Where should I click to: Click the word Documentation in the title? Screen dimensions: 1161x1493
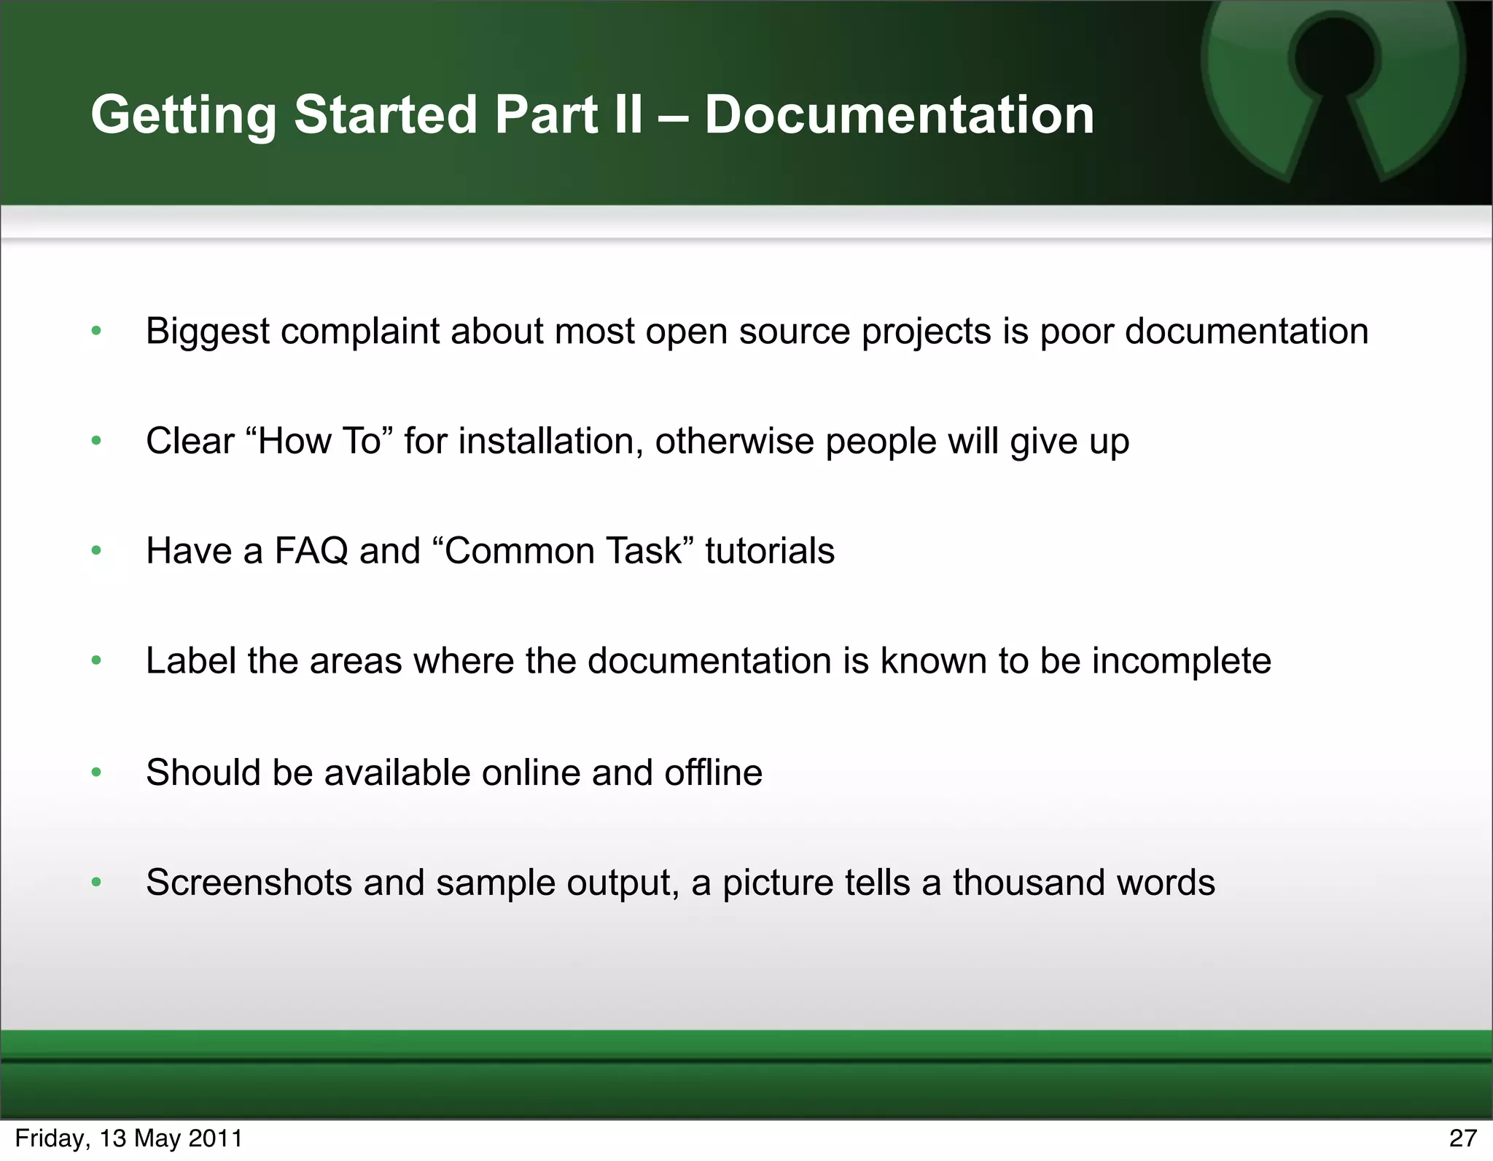pos(899,115)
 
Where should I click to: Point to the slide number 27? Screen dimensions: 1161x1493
pos(1462,1138)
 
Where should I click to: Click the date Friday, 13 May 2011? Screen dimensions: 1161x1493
pos(129,1138)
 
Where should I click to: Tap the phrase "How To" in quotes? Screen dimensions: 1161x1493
pos(320,441)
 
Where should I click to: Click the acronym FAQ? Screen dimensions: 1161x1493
pos(311,551)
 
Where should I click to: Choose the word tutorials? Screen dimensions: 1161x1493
pos(770,551)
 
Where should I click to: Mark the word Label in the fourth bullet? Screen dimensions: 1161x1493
pos(191,661)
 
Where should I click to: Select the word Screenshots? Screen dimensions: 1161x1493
pos(249,883)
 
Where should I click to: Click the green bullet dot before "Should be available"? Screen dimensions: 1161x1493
pos(96,773)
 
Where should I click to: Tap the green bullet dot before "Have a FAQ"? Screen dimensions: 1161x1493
pos(96,552)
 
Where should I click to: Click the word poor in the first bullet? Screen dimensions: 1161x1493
pos(1076,332)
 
